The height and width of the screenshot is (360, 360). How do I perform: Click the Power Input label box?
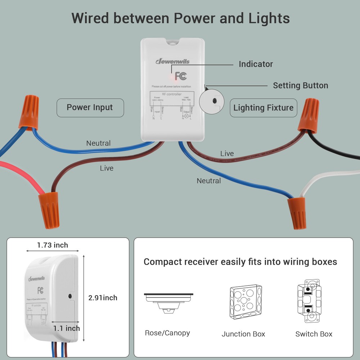90,108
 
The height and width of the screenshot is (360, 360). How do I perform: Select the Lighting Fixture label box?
263,108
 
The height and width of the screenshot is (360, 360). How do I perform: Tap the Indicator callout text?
256,64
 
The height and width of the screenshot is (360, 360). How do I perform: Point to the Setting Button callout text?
300,86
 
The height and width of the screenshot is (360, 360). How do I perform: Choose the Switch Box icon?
309,301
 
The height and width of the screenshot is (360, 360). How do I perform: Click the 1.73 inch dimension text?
53,245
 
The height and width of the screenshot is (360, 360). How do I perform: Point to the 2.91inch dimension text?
103,298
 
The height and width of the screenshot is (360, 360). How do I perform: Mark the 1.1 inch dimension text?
67,328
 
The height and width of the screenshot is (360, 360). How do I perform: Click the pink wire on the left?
22,176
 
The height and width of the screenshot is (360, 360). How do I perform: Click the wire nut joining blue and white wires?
297,213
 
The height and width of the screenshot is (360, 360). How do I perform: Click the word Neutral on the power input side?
98,143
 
